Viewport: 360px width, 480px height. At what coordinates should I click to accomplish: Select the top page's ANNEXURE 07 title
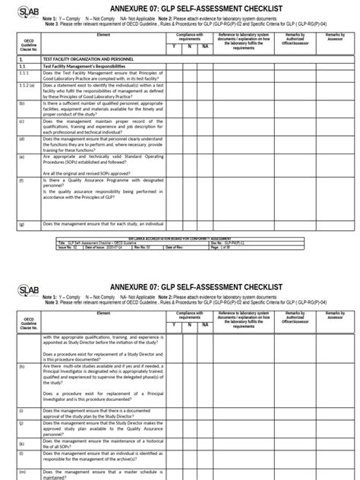point(190,8)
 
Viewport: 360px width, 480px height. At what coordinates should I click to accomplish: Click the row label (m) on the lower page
point(22,472)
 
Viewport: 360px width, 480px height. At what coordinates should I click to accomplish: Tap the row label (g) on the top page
point(22,225)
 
